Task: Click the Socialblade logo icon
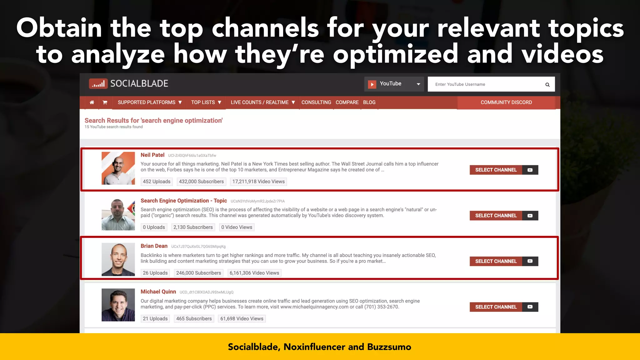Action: pyautogui.click(x=98, y=84)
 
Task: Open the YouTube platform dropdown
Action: pyautogui.click(x=394, y=84)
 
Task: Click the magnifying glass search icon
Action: pyautogui.click(x=547, y=85)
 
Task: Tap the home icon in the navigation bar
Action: pyautogui.click(x=92, y=102)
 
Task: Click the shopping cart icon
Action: pyautogui.click(x=105, y=102)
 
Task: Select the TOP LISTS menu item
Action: pyautogui.click(x=206, y=102)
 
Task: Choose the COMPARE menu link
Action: pyautogui.click(x=347, y=102)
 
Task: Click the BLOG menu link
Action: pyautogui.click(x=369, y=102)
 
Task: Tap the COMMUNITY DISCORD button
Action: pyautogui.click(x=506, y=102)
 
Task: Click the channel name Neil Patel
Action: pyautogui.click(x=152, y=155)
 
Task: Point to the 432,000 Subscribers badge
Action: pyautogui.click(x=201, y=182)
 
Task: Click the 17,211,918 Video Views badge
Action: pyautogui.click(x=258, y=182)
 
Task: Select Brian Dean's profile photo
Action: pyautogui.click(x=118, y=259)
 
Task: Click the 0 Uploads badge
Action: pyautogui.click(x=154, y=227)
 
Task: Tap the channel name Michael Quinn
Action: pyautogui.click(x=158, y=292)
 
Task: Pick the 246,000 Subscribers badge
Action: pyautogui.click(x=198, y=273)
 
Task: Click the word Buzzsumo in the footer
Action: pyautogui.click(x=389, y=347)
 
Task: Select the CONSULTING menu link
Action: pyautogui.click(x=316, y=102)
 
